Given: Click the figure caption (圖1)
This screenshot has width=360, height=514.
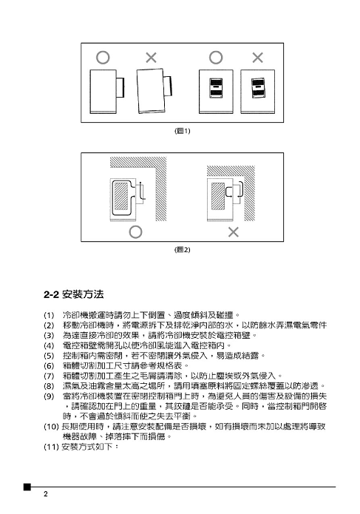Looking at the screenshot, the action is (x=182, y=131).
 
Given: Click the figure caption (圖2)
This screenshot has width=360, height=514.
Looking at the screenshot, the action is (x=182, y=250).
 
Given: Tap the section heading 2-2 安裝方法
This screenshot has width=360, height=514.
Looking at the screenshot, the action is (x=74, y=294).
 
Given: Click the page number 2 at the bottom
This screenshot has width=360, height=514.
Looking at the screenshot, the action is (x=46, y=494).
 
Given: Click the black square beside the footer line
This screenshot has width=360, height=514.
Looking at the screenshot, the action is (x=27, y=487).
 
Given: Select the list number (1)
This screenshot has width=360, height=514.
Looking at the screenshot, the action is (x=49, y=315).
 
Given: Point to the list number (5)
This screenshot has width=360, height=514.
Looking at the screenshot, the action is (x=49, y=356).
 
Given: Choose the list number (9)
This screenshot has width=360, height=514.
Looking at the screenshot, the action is (x=49, y=396).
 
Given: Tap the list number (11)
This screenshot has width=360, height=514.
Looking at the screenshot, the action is (x=51, y=447).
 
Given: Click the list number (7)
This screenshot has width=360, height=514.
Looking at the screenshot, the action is (x=49, y=376).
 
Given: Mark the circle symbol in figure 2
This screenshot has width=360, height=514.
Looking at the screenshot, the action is (x=135, y=232).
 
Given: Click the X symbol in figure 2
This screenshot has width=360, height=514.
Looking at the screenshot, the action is (x=234, y=232).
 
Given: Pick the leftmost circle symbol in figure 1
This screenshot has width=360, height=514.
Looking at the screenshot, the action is (x=103, y=58).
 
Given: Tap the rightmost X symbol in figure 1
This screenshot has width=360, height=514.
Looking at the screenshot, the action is (x=258, y=58).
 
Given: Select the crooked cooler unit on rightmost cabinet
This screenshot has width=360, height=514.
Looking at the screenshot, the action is (x=258, y=88).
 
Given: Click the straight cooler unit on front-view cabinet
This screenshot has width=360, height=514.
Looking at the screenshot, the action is (x=216, y=88).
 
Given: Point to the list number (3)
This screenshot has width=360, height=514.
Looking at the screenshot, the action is (x=49, y=336).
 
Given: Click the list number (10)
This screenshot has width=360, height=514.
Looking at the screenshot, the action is (x=51, y=427).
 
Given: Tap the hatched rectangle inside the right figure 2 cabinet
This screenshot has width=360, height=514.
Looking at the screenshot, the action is (x=218, y=197).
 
